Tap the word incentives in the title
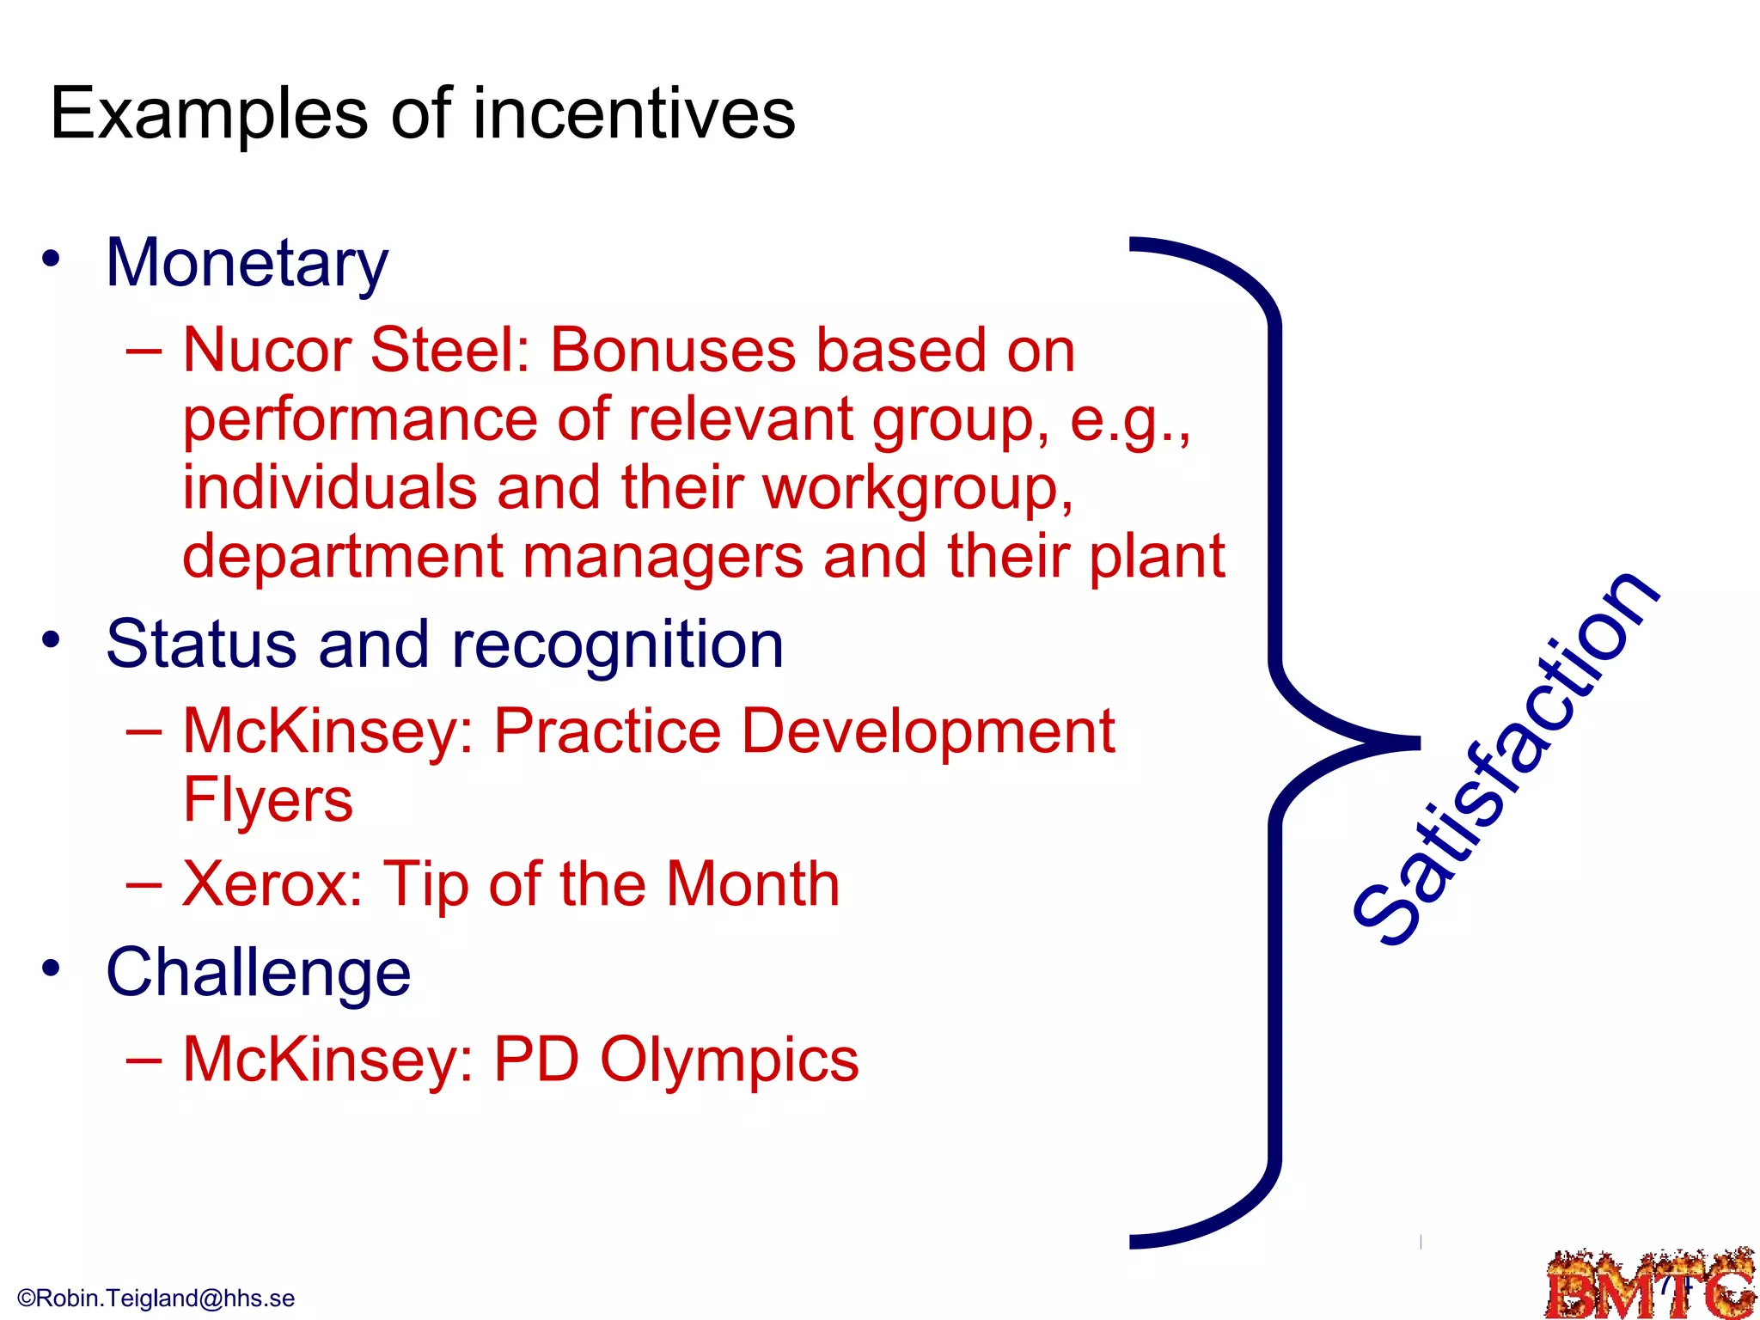(x=634, y=114)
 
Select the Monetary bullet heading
(x=247, y=263)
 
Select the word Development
(x=927, y=732)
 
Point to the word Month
(x=753, y=884)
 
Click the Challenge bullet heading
(x=258, y=973)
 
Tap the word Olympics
(x=729, y=1060)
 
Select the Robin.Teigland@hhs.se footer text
(x=156, y=1299)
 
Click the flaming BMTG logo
(x=1650, y=1285)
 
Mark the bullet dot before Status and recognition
(x=52, y=640)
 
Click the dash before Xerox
(x=144, y=884)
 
